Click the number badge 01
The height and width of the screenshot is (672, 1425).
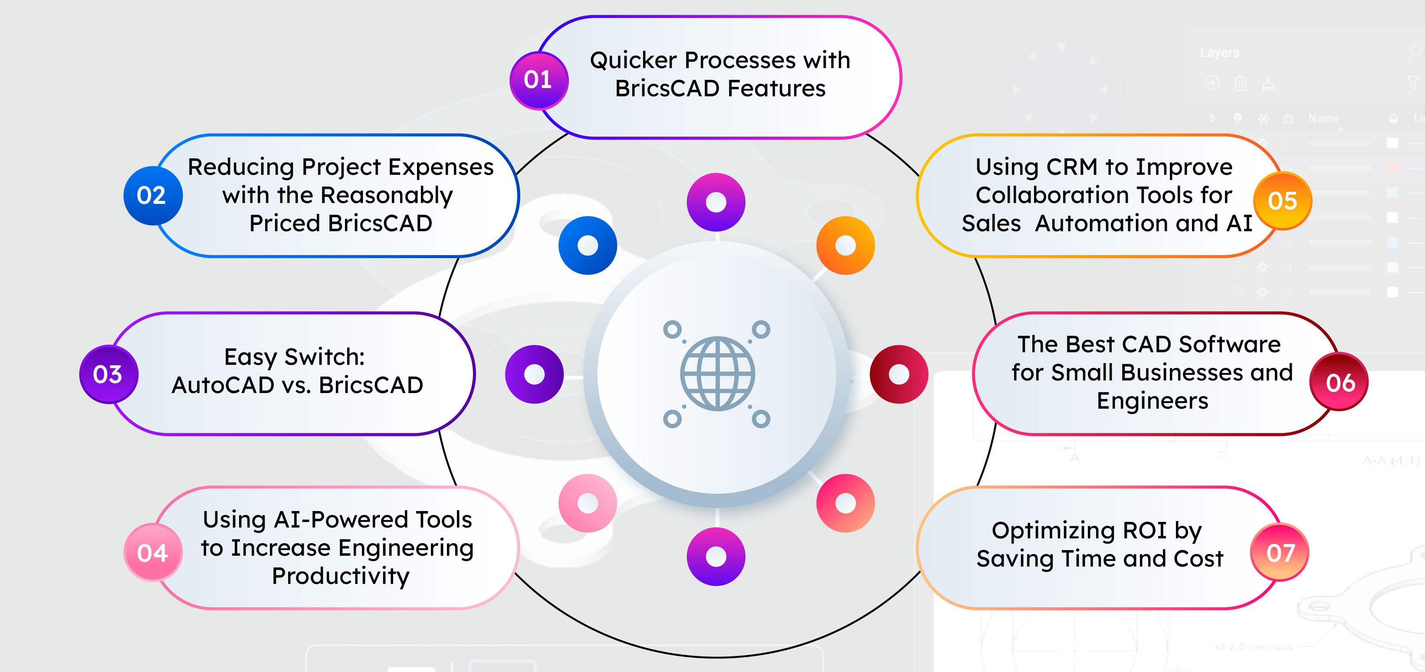pos(538,80)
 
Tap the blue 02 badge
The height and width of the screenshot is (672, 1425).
pos(152,195)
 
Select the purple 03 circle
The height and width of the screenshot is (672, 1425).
pos(108,374)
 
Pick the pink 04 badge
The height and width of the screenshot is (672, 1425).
pos(153,553)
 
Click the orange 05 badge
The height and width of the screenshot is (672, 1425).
pos(1282,201)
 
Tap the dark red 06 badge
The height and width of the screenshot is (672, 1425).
pos(1339,382)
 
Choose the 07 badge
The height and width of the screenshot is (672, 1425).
pos(1280,553)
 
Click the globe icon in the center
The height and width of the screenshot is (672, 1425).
pos(717,374)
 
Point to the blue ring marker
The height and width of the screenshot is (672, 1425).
pos(588,246)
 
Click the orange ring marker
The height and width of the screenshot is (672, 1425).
pos(845,246)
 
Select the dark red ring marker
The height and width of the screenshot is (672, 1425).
pos(899,374)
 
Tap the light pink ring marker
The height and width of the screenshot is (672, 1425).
pos(588,503)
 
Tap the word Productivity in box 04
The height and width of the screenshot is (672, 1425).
pos(340,576)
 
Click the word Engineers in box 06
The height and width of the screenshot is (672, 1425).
pos(1152,401)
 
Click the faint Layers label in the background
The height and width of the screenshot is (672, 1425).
pos(1219,52)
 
